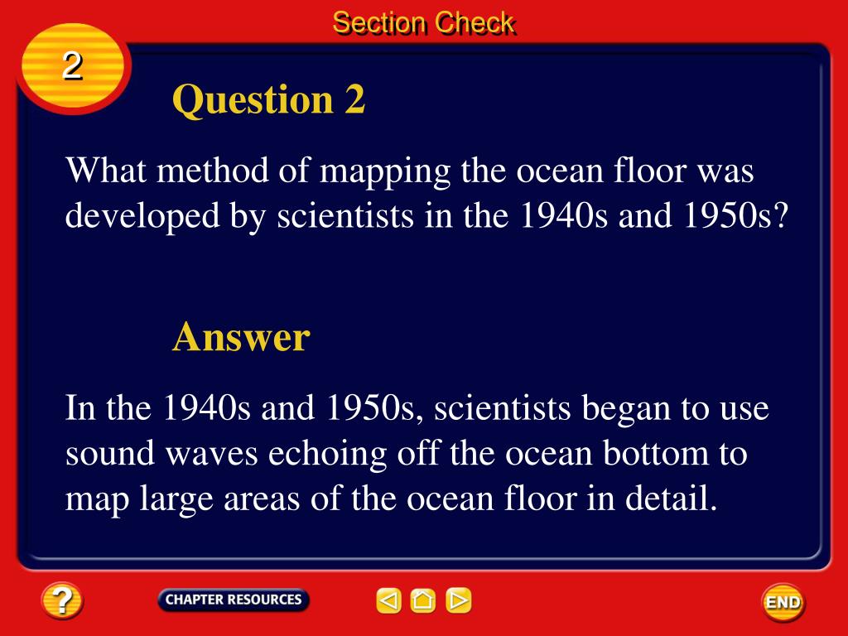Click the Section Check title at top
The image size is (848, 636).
tap(423, 23)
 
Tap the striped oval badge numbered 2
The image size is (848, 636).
tap(73, 68)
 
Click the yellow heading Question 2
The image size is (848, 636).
tap(269, 99)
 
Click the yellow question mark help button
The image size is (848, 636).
tap(61, 600)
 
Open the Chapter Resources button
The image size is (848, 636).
tap(234, 600)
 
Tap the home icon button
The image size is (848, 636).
tap(423, 600)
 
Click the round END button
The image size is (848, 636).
tap(783, 602)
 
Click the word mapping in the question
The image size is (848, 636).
tap(384, 172)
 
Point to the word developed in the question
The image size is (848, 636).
tap(142, 216)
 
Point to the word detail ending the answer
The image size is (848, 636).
tap(671, 498)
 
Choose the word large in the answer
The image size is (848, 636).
tap(176, 499)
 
